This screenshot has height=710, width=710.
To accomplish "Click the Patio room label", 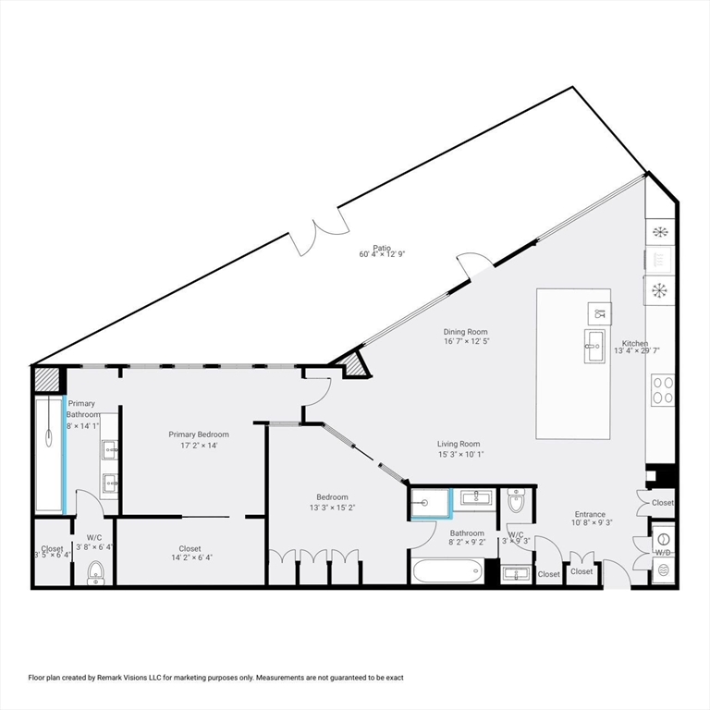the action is tap(382, 248).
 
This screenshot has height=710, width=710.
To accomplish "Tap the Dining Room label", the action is tap(466, 332).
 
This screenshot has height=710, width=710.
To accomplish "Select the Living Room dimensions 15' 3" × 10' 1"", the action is tap(461, 455).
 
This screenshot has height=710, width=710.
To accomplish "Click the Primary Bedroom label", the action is tap(199, 435).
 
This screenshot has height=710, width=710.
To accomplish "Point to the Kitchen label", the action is tap(635, 343).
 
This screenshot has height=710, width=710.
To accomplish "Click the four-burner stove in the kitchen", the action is tap(663, 390).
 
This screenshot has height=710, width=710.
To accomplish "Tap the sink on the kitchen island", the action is tap(594, 347).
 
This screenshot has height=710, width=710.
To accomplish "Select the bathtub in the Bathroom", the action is tap(447, 571).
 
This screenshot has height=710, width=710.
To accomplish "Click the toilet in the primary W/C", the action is tap(95, 573).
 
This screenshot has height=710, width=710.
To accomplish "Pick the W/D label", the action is tap(663, 553).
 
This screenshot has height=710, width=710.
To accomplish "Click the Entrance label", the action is tap(590, 514).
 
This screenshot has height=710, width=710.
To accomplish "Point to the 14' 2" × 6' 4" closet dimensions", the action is tap(191, 557).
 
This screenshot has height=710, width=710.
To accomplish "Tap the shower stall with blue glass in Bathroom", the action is tap(431, 503).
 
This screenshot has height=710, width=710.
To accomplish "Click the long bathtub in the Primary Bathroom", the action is tap(48, 454).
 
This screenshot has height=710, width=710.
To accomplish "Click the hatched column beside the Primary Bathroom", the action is tap(47, 379).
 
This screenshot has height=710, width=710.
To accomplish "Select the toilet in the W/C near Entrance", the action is tap(516, 500).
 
